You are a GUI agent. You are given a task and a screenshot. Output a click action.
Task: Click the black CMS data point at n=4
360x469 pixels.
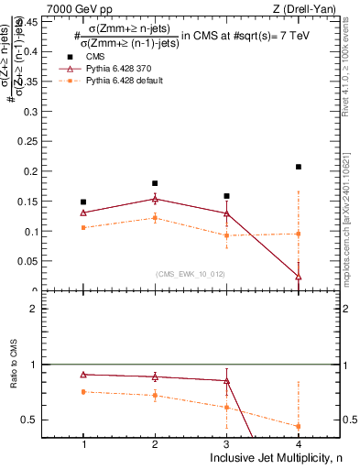pyautogui.click(x=299, y=167)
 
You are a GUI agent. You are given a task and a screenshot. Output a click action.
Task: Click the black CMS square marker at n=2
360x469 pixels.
pyautogui.click(x=155, y=183)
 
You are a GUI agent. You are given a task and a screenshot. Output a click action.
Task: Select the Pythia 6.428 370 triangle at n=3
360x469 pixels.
pyautogui.click(x=226, y=213)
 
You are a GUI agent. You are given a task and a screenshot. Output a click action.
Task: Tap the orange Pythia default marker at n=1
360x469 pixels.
pyautogui.click(x=83, y=227)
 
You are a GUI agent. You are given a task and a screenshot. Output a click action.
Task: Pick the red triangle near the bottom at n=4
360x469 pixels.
pyautogui.click(x=299, y=276)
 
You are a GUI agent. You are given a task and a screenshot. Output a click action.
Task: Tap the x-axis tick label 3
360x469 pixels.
pyautogui.click(x=226, y=443)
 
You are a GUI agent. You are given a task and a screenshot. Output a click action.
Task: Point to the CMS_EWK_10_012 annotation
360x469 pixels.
pyautogui.click(x=191, y=273)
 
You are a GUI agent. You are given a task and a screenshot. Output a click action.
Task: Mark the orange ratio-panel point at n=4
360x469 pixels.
pyautogui.click(x=299, y=426)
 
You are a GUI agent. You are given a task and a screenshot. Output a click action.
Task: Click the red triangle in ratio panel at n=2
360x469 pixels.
pyautogui.click(x=155, y=376)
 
